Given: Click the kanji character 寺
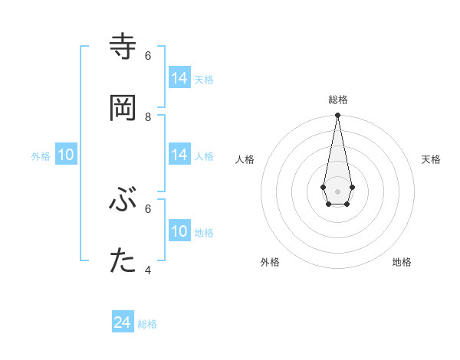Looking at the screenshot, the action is point(123,47).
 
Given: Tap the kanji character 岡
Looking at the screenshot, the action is point(123,108).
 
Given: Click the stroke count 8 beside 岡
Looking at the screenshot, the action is point(148,116).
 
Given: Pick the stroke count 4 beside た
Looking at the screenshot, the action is point(148,270).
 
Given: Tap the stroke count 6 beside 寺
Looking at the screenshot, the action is point(148,55).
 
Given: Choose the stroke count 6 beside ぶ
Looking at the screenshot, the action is point(148,208).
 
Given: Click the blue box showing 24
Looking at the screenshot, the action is point(123,323).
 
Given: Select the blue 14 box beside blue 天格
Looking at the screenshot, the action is point(179,78).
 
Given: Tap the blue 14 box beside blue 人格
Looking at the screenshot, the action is point(179,155).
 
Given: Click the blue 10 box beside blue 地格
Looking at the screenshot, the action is point(179,231).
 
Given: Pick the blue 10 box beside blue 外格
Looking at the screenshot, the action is point(66,155).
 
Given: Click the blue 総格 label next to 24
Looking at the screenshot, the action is point(147,324).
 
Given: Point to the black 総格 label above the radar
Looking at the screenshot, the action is point(338,100).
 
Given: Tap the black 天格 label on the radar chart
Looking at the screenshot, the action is point(431,159).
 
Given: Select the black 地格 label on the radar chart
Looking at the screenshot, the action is point(402,262).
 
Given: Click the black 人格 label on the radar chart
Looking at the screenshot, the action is point(245,159).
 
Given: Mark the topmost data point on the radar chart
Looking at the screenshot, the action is point(337,115).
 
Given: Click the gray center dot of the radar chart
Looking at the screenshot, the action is point(337,191).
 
